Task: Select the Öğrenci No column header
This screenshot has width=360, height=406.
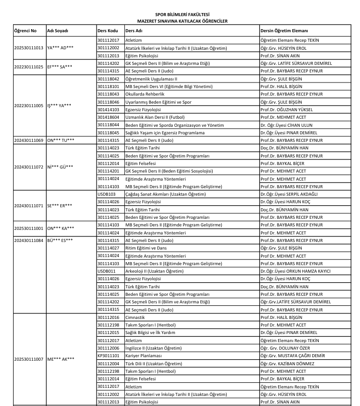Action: click(x=24, y=31)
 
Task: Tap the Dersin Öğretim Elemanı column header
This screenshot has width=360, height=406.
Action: click(x=284, y=31)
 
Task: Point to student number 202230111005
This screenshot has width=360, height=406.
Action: click(x=24, y=106)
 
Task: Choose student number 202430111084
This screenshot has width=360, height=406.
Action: click(x=24, y=240)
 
